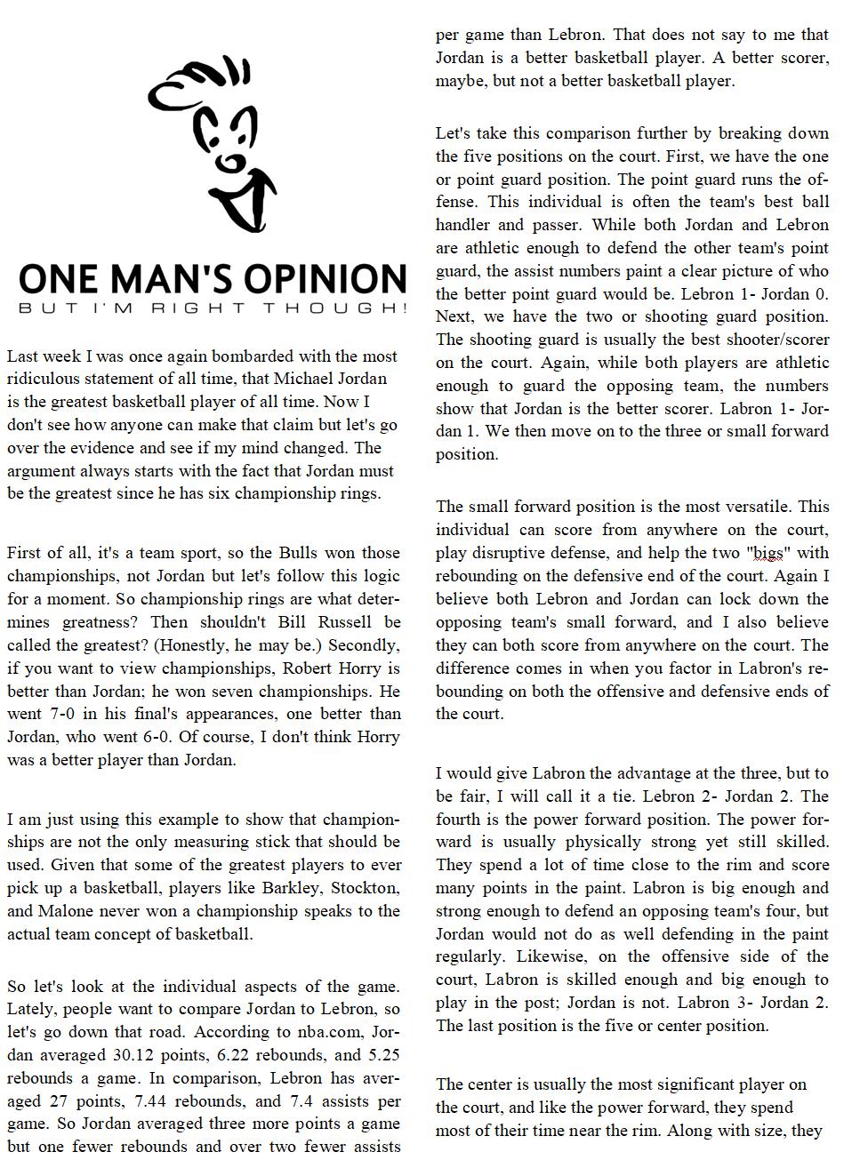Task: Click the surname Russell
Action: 363,622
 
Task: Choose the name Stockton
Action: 366,888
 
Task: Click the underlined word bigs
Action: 768,554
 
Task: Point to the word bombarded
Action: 229,356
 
